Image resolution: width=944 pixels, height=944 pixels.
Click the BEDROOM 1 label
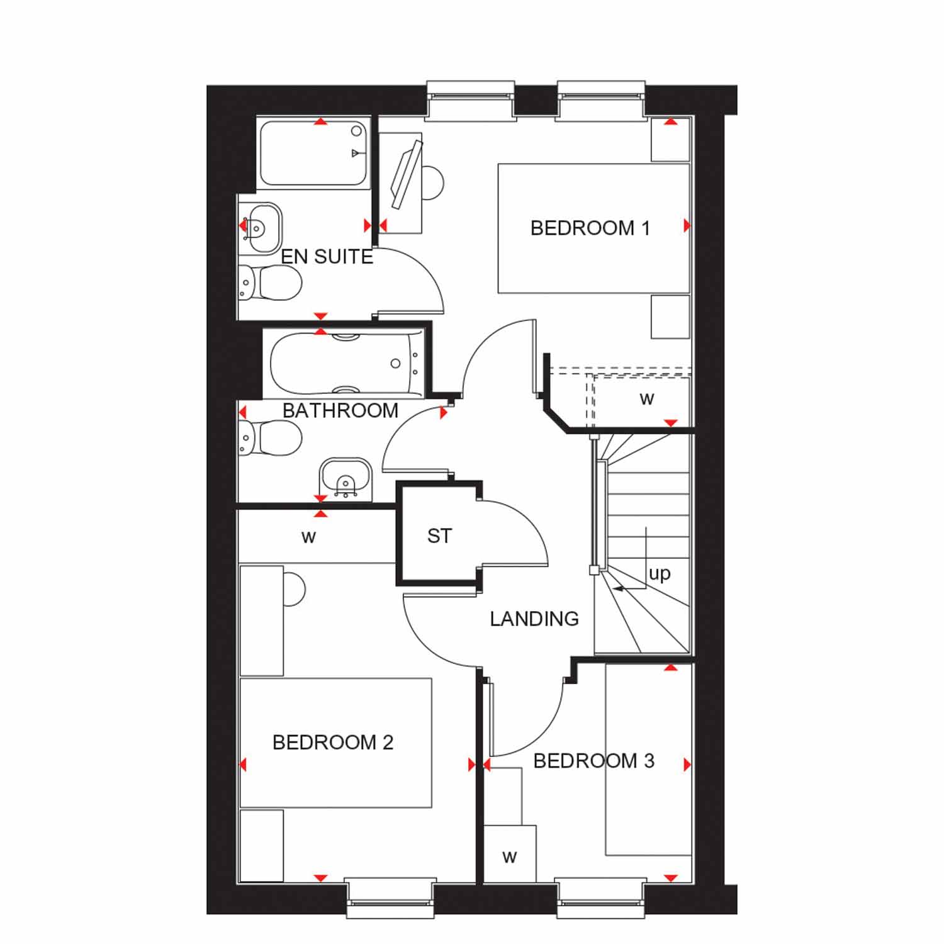click(590, 228)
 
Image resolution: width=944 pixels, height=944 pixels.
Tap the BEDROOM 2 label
click(333, 743)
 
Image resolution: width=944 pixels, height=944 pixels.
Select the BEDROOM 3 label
click(593, 761)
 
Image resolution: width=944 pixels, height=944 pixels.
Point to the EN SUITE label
click(327, 257)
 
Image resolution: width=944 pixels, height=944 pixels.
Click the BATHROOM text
click(340, 411)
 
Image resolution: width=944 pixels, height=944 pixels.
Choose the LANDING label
click(534, 619)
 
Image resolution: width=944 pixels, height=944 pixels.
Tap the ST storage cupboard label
click(439, 536)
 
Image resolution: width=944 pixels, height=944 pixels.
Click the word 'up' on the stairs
click(660, 574)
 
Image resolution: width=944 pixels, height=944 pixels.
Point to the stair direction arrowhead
click(618, 589)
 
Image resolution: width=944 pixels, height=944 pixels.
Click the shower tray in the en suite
click(313, 153)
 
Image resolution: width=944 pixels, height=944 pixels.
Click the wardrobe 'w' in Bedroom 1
click(647, 398)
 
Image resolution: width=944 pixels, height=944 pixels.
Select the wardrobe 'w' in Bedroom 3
click(510, 857)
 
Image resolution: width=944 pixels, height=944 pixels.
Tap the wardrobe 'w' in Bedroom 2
click(308, 537)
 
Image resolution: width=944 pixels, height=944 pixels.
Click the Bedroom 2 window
click(390, 897)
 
